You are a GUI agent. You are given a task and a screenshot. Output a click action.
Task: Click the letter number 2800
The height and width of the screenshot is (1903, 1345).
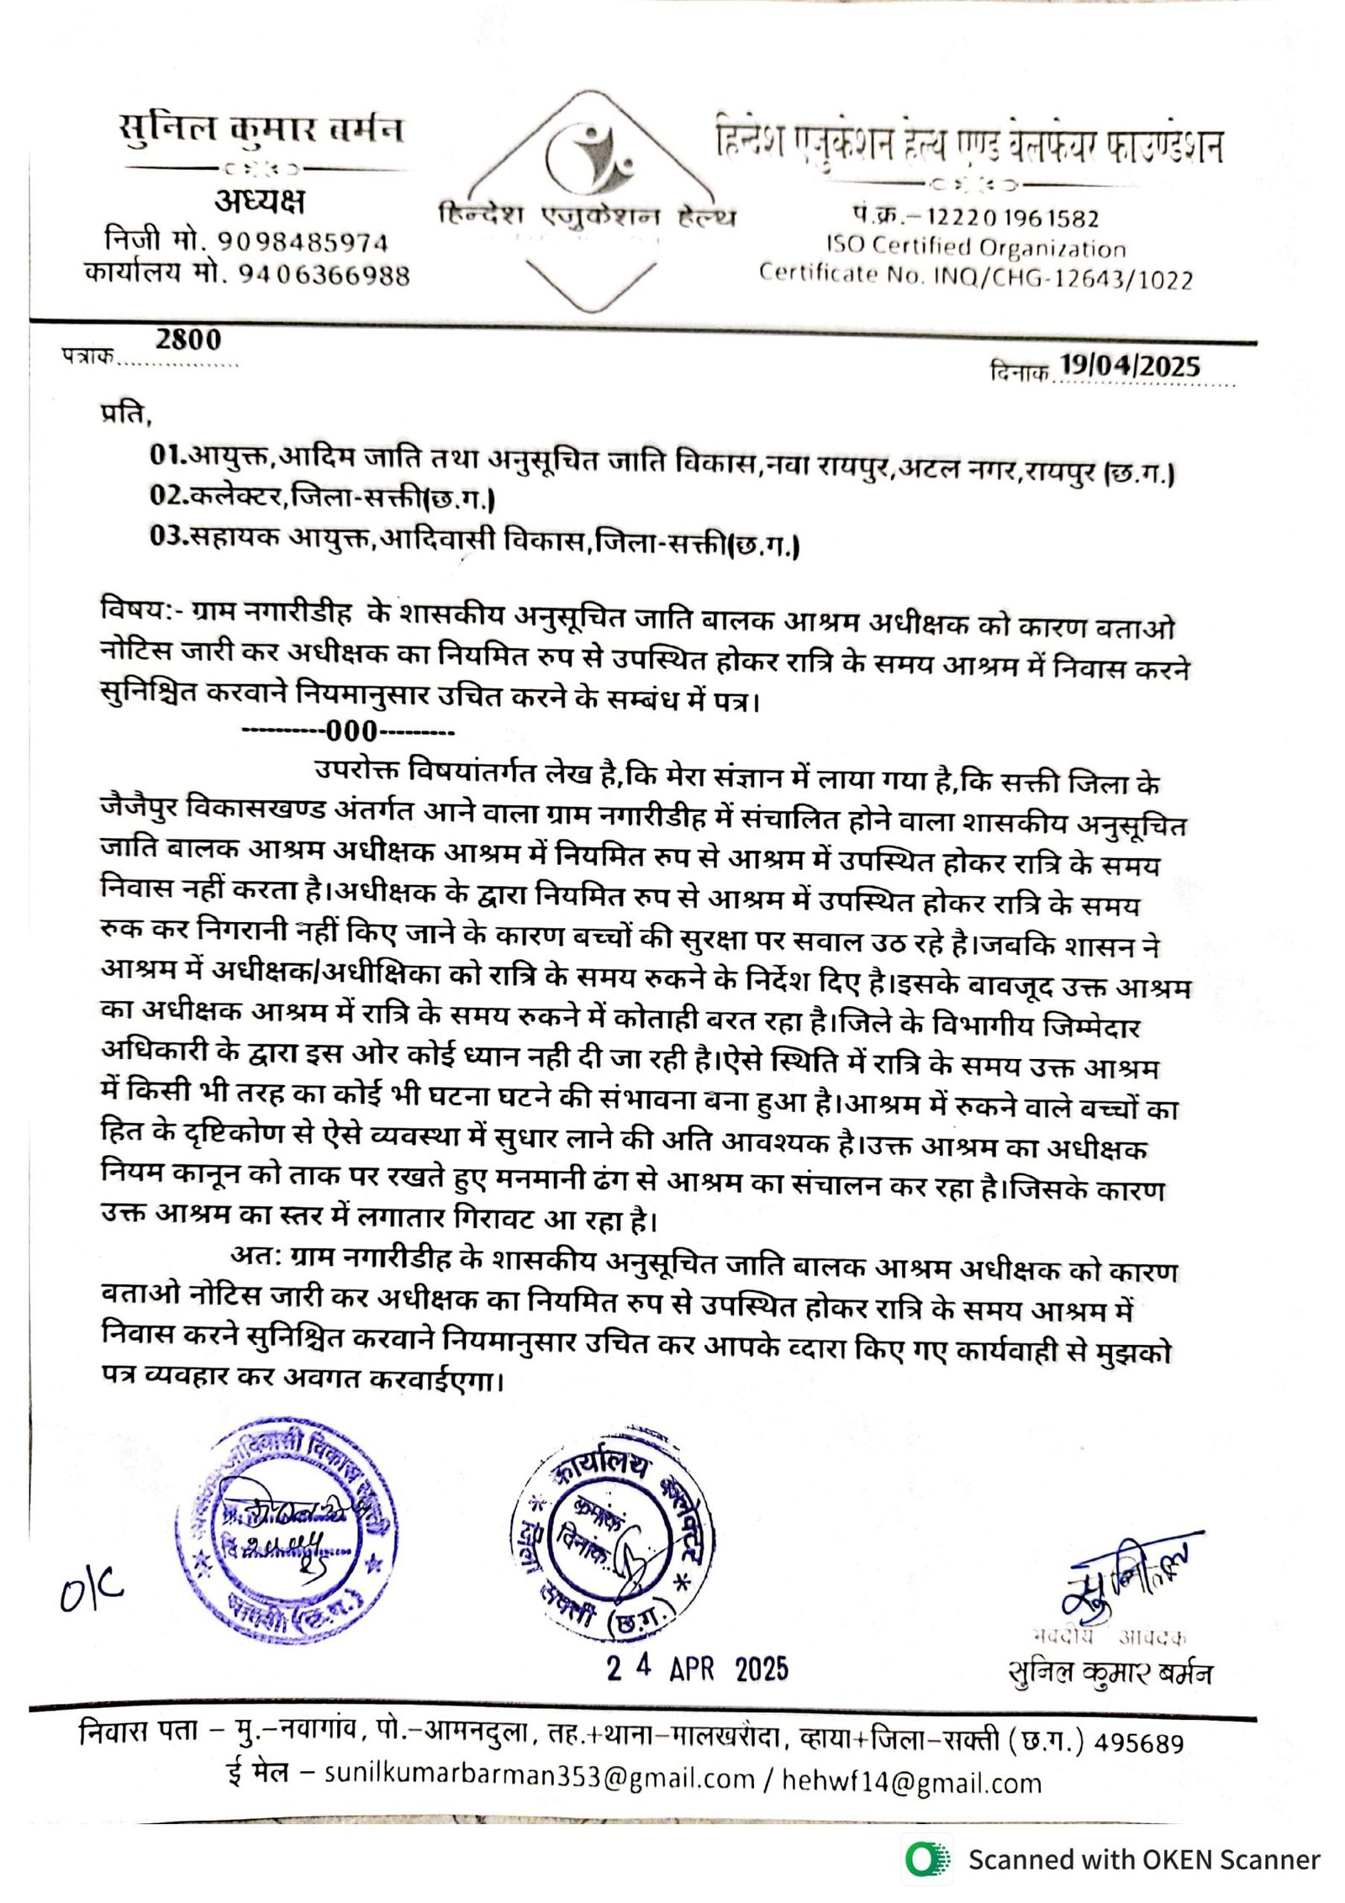click(x=188, y=340)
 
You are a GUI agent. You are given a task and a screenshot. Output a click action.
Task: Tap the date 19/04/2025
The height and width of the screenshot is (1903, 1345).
click(x=1129, y=366)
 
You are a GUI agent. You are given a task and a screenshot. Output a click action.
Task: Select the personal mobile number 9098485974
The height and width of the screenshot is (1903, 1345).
click(x=303, y=242)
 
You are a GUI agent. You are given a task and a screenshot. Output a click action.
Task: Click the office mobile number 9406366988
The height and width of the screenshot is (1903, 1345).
click(x=324, y=275)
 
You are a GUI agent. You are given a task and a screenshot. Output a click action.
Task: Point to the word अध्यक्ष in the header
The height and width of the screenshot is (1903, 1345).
click(x=259, y=201)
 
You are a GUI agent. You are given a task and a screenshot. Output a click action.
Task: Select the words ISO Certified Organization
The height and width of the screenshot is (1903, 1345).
click(x=976, y=247)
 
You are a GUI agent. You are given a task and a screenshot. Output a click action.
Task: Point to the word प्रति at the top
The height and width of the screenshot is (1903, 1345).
click(x=124, y=414)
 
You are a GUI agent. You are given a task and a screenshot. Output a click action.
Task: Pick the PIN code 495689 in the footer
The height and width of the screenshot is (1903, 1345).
click(x=1139, y=1742)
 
